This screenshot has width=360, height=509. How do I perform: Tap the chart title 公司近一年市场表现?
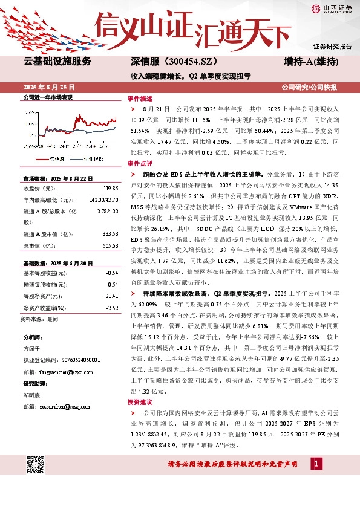click(47, 97)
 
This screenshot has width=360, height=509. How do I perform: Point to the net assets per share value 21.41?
click(111, 296)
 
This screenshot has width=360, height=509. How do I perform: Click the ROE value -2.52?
click(111, 308)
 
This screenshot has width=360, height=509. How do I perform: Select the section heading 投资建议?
click(140, 384)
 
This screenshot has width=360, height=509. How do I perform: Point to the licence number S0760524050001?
click(75, 359)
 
